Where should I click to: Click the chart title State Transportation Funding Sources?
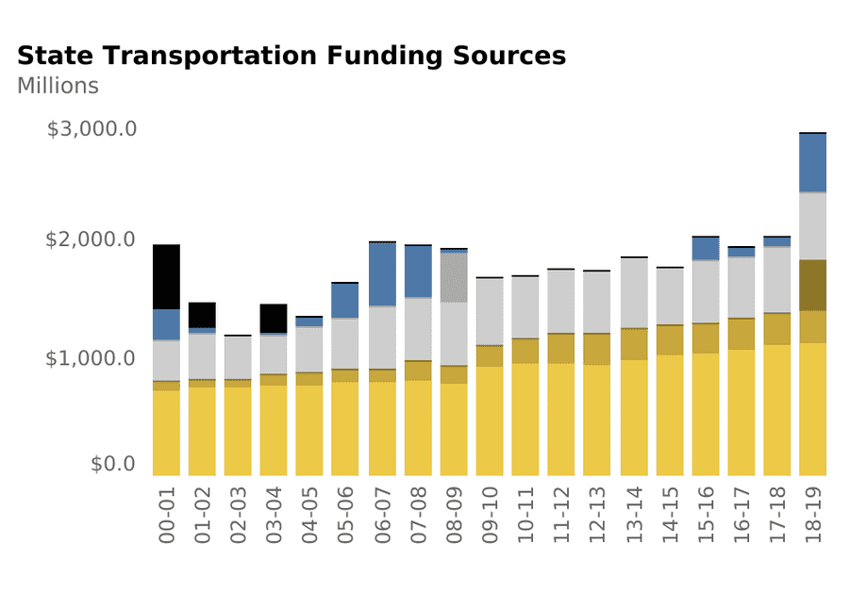[291, 57]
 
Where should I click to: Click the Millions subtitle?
[58, 86]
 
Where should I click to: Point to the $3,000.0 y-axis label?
[92, 128]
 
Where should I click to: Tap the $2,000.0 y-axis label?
[92, 239]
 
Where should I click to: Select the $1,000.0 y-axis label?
[92, 359]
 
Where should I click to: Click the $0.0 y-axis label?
[114, 464]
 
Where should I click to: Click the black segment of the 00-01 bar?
[166, 277]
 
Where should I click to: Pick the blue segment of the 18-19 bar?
[812, 163]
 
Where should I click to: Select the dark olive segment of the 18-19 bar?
[812, 286]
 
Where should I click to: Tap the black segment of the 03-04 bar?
[274, 319]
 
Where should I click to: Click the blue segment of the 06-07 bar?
[382, 274]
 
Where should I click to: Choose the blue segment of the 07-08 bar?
[418, 272]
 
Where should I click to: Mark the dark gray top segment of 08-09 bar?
[454, 277]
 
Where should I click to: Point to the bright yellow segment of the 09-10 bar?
[490, 420]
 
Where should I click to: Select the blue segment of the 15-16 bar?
[705, 248]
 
